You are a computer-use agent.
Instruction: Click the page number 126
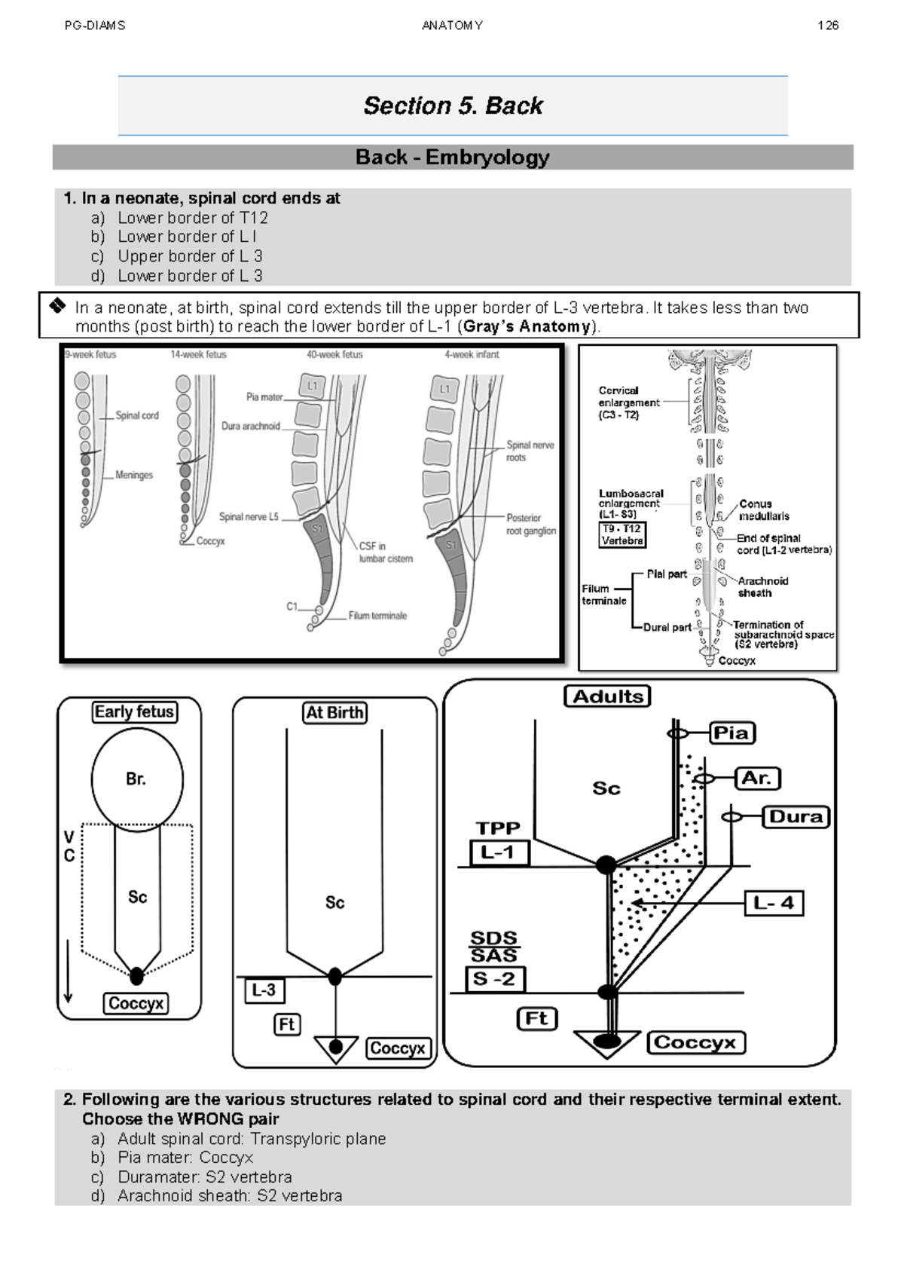(827, 26)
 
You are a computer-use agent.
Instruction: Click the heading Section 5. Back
(453, 106)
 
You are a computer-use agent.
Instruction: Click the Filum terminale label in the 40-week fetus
(377, 616)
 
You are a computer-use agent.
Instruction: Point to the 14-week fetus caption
(198, 354)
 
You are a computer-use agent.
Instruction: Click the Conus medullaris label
(763, 510)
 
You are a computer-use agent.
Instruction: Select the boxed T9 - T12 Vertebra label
(622, 535)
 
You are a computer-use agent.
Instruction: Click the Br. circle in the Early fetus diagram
(136, 779)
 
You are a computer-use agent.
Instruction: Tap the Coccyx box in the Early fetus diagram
(136, 1004)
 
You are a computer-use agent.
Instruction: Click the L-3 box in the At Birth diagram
(264, 990)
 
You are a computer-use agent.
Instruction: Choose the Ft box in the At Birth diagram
(287, 1025)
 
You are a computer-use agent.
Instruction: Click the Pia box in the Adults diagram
(731, 733)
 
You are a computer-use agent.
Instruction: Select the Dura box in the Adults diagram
(796, 817)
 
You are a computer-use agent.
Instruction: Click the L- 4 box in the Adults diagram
(774, 903)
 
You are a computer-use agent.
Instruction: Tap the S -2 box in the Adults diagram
(494, 980)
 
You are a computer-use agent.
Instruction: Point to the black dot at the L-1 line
(606, 865)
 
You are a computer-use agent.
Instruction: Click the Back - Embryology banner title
(452, 158)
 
